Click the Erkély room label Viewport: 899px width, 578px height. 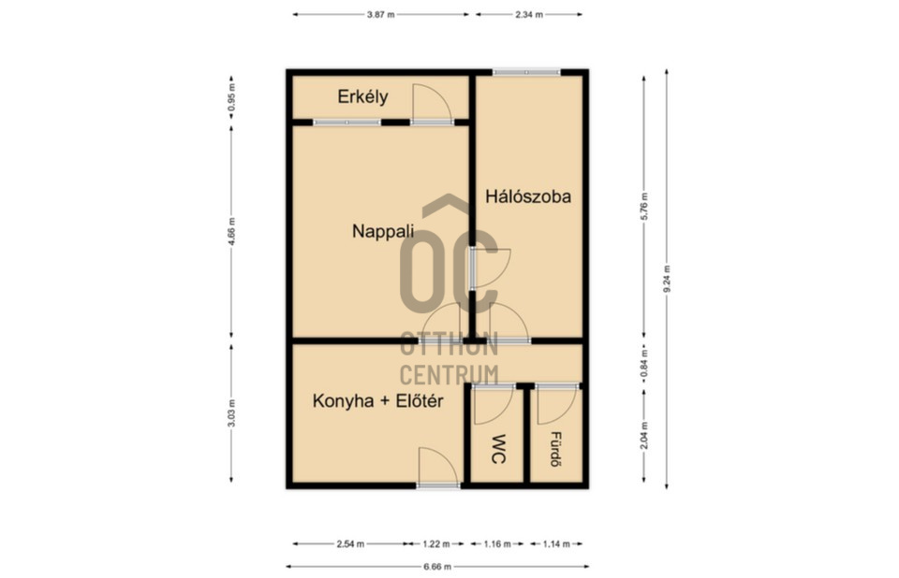(362, 97)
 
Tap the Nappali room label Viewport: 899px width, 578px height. (382, 231)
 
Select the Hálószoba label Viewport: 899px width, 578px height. (528, 196)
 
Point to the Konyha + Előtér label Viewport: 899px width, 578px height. (377, 401)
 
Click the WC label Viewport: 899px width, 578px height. (499, 449)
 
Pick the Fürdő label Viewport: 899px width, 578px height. (555, 449)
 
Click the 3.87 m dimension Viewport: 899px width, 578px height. (381, 15)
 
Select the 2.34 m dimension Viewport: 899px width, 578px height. (528, 15)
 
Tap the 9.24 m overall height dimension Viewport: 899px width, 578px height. (667, 279)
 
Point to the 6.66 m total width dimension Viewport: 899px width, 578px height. (437, 567)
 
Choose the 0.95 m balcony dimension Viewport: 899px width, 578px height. (231, 98)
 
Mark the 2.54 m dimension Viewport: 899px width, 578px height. (350, 544)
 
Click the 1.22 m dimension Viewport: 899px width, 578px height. (435, 544)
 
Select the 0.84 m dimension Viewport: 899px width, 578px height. (644, 363)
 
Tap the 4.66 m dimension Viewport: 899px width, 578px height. (231, 231)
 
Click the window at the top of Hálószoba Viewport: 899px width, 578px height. (526, 72)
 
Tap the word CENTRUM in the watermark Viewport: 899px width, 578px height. (449, 375)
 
